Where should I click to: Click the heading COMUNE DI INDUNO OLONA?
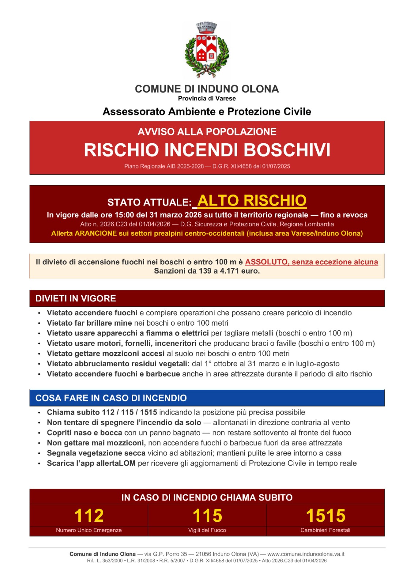coord(207,89)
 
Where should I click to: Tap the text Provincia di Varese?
coord(207,99)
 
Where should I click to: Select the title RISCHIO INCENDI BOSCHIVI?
coord(207,150)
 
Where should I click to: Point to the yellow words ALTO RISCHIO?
coord(252,200)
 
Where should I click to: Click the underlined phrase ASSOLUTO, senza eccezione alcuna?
coord(312,262)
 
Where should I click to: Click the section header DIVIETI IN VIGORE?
coord(76,298)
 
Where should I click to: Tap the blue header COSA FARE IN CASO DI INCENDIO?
coord(111,398)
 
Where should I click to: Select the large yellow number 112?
coord(89,516)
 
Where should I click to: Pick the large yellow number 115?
coord(207,516)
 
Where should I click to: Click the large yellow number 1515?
coord(325,516)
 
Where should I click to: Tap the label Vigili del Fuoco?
coord(207,530)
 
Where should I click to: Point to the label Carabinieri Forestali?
coord(325,530)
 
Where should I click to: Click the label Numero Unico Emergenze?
coord(89,530)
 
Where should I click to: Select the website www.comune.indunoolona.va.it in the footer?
coord(306,554)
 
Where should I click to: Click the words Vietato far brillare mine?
coord(89,323)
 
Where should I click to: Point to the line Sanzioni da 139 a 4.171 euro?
coord(207,271)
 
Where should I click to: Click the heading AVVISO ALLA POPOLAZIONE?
coord(207,132)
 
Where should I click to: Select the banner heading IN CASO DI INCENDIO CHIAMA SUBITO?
coord(207,497)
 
